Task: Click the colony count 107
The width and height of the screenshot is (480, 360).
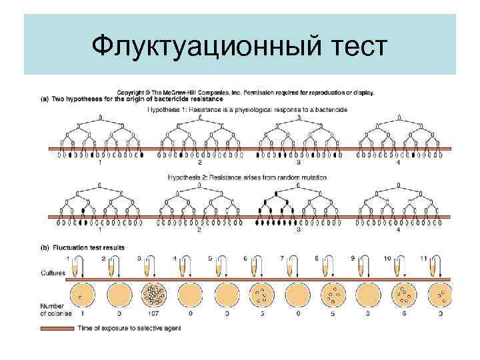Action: pos(151,314)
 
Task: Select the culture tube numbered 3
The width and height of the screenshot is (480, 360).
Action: pos(148,268)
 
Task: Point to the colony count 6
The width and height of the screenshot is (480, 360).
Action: pos(403,314)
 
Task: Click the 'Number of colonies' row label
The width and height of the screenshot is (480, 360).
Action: pos(55,310)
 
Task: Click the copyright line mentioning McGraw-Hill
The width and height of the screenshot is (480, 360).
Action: pos(246,93)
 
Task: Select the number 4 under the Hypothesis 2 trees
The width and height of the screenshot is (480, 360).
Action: pos(399,231)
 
